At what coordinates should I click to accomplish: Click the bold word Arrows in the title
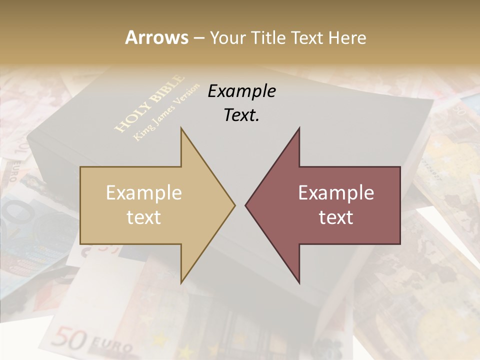coord(156,37)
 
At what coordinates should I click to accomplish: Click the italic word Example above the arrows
coord(241,91)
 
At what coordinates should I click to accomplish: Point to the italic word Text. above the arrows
coord(241,115)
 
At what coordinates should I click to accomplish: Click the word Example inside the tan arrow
coord(143,193)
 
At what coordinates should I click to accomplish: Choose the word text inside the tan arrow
coord(143,217)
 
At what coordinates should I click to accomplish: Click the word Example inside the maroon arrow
coord(336,193)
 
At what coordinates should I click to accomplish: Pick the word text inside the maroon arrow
coord(336,217)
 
